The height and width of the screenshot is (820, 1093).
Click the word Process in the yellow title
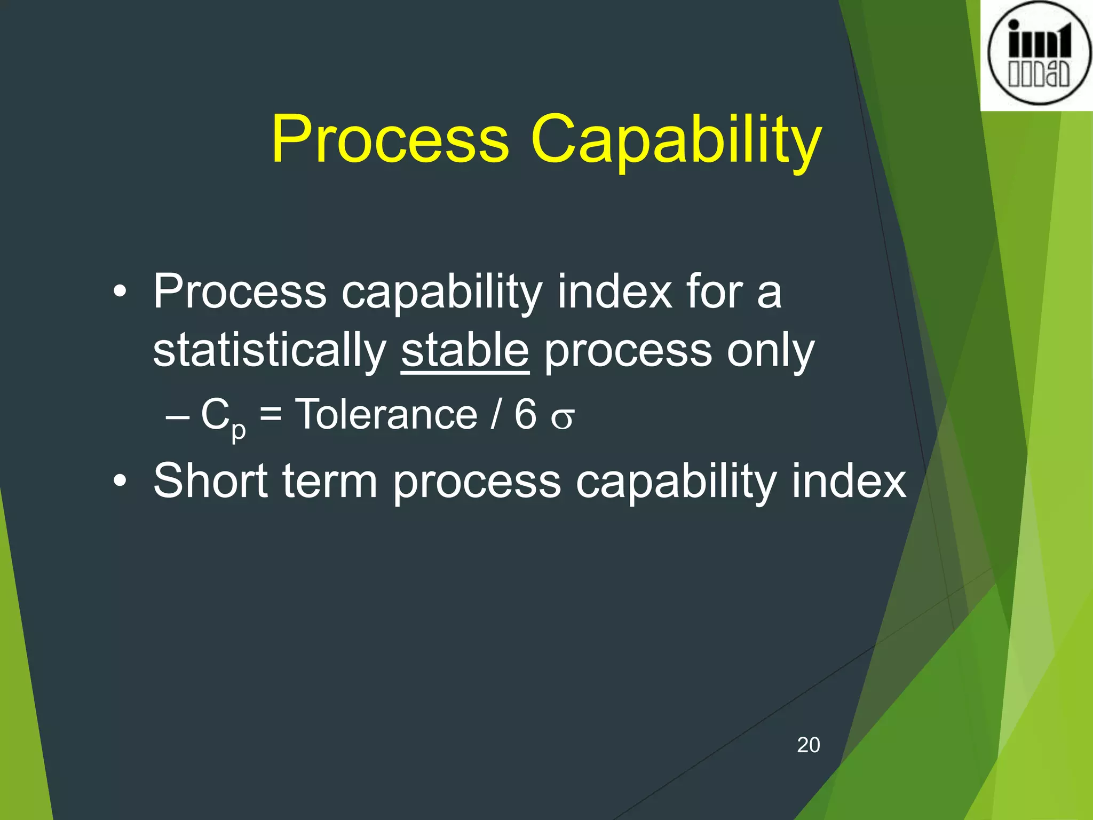(x=390, y=140)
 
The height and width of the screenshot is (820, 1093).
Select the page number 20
(x=808, y=745)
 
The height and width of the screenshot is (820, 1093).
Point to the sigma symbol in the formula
(x=563, y=418)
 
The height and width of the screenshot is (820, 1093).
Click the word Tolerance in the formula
(x=386, y=415)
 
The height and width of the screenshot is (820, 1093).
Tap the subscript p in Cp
(x=239, y=430)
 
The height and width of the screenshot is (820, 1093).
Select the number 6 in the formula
(x=525, y=415)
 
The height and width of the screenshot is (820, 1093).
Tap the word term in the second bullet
(x=330, y=482)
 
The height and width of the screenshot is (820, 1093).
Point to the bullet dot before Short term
(x=121, y=481)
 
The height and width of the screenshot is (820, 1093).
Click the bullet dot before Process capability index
(x=121, y=292)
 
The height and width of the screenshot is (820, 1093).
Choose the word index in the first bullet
(x=615, y=292)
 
